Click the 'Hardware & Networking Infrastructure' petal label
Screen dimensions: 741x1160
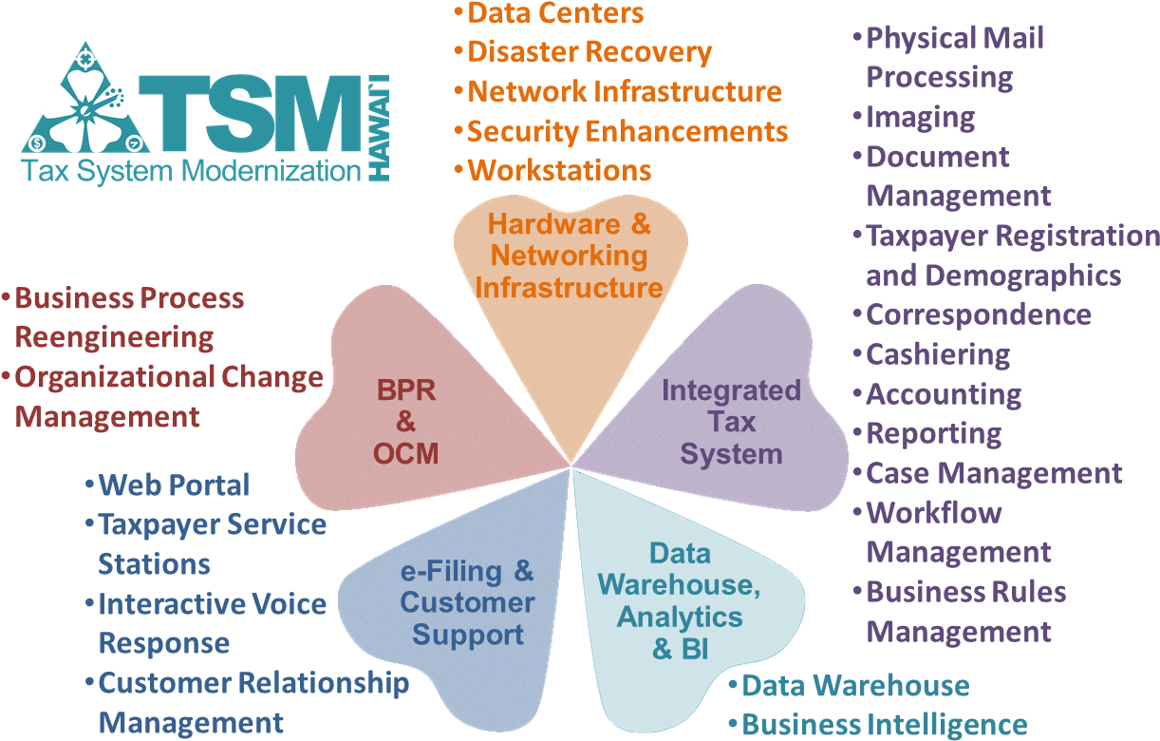coord(569,256)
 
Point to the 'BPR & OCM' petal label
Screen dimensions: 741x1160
coord(406,422)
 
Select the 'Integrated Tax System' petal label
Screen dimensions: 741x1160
coord(731,422)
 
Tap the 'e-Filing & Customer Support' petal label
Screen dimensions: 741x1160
coord(467,602)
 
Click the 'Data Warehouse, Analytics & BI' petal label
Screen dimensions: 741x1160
coord(682,600)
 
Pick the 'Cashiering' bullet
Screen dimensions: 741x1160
coord(937,354)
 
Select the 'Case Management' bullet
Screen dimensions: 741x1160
coord(994,473)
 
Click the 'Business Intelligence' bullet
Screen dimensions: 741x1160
coord(884,725)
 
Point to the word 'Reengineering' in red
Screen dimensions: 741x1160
coord(115,337)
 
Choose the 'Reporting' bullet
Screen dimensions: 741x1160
coord(933,433)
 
